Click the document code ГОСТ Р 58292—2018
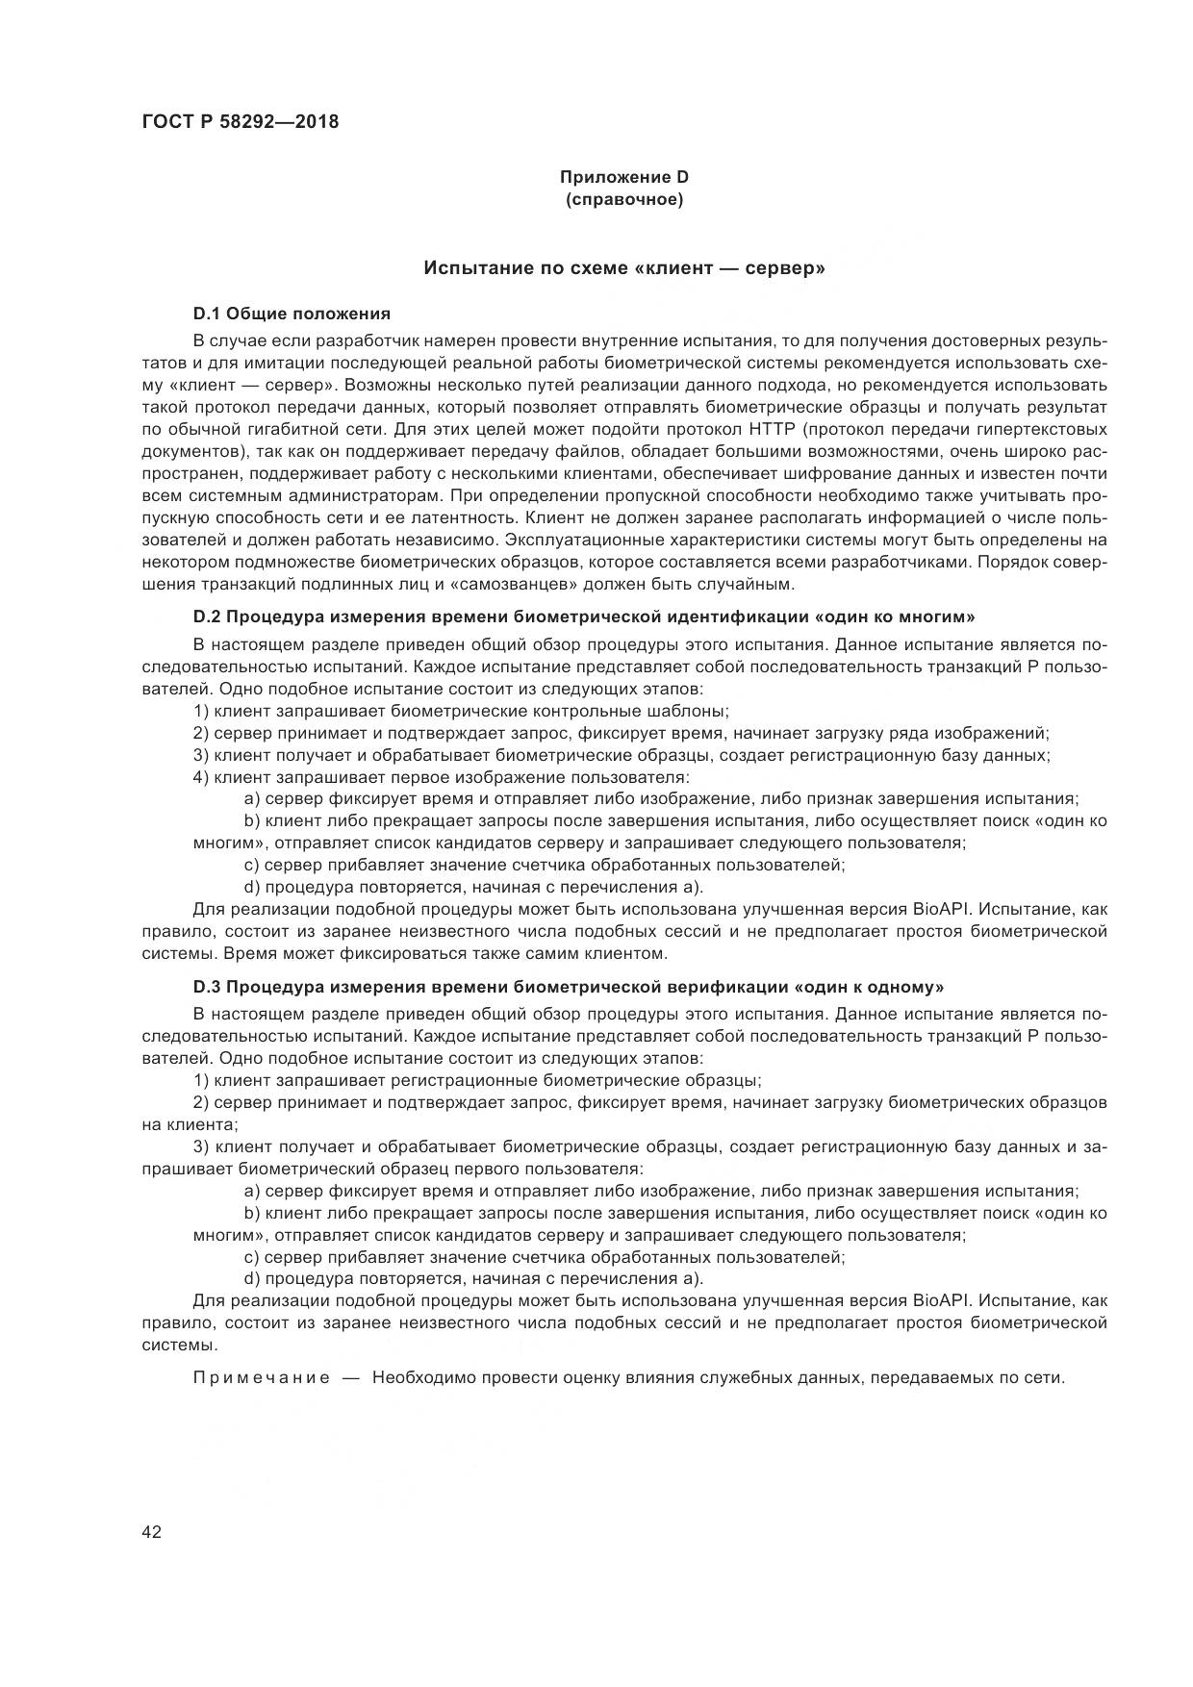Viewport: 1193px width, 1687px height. click(x=240, y=122)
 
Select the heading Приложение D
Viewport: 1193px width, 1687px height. click(x=624, y=177)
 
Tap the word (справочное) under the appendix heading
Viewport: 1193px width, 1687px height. click(x=624, y=200)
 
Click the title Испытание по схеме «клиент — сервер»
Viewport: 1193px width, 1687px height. click(x=624, y=268)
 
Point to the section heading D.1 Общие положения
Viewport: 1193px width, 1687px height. click(x=292, y=314)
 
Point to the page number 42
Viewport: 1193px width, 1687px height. click(x=152, y=1533)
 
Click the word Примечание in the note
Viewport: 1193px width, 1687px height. click(x=262, y=1377)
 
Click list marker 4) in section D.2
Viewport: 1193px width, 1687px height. click(x=201, y=777)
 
